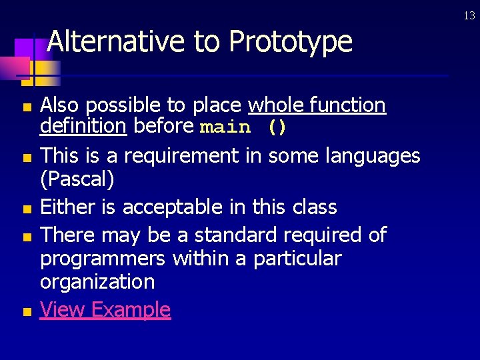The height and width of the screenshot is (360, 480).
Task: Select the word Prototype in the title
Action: coord(290,42)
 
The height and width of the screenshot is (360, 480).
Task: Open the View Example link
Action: coord(105,310)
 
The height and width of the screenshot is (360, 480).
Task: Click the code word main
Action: coord(225,127)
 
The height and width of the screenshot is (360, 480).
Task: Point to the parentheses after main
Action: coord(277,127)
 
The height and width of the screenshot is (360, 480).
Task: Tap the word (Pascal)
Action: coord(77,179)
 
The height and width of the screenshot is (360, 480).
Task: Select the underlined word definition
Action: coord(83,126)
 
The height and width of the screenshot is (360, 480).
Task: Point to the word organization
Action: coord(97,282)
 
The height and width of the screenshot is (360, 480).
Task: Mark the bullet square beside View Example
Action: coord(26,311)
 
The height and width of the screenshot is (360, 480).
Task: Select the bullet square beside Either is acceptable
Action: coord(26,209)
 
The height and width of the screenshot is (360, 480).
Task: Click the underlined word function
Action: coord(347,105)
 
